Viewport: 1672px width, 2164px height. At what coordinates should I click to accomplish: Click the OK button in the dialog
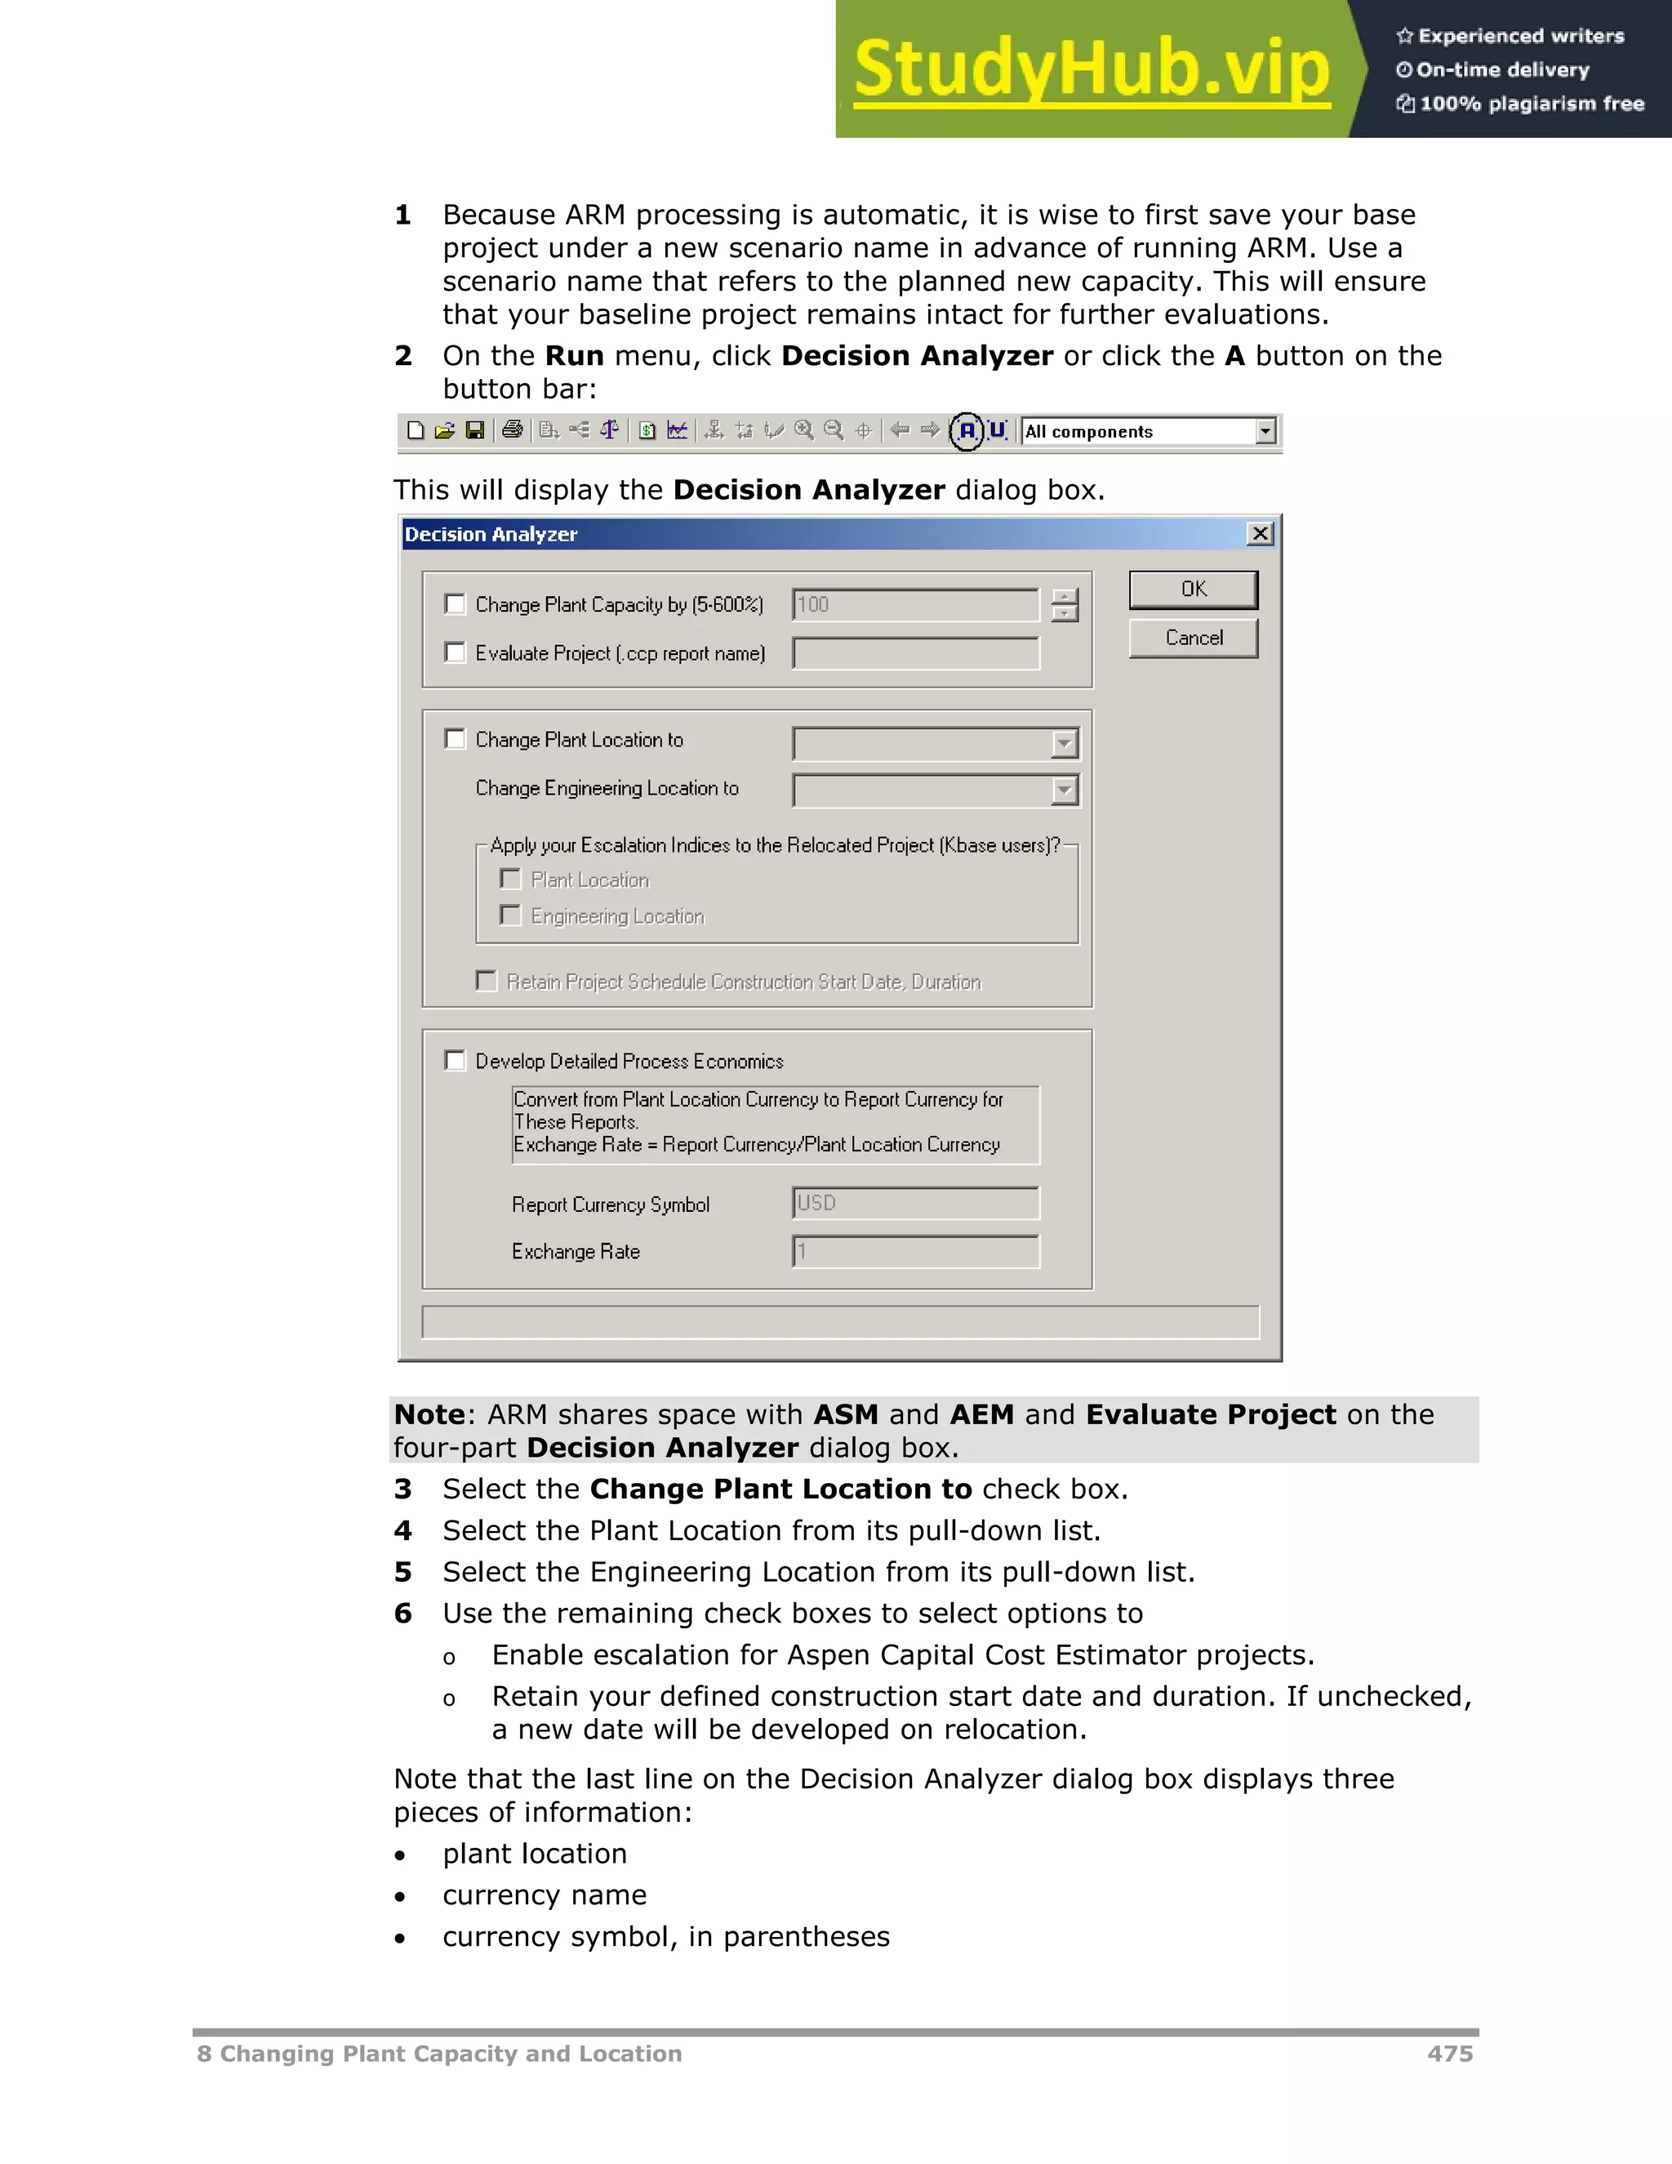[x=1194, y=590]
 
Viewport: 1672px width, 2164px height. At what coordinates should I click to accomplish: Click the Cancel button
[x=1194, y=638]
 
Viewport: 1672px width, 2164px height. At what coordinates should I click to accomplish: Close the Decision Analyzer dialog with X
[x=1260, y=534]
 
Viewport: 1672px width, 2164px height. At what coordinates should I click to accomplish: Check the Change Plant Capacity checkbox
[x=455, y=603]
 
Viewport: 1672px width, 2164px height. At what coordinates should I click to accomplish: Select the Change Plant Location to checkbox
[x=455, y=739]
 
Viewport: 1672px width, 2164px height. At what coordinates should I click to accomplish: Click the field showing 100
[x=915, y=604]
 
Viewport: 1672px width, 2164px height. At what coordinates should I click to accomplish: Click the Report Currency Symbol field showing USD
[x=915, y=1203]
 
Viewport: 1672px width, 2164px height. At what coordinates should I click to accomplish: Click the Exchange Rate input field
[x=915, y=1251]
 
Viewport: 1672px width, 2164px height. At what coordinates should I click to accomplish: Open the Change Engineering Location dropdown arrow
[x=1065, y=790]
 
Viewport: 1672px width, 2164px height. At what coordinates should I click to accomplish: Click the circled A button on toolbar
[x=967, y=431]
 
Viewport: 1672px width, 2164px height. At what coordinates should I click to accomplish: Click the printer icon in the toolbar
[x=512, y=430]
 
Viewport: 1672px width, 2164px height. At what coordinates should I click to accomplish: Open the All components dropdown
[x=1265, y=431]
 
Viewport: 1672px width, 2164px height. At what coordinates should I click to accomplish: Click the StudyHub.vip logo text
[x=1092, y=69]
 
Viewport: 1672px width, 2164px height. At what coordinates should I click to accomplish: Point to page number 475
[x=1449, y=2053]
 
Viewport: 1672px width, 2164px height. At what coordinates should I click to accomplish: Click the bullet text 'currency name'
[x=544, y=1895]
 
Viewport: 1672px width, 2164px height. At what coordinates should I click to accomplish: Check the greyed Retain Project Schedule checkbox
[x=487, y=981]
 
